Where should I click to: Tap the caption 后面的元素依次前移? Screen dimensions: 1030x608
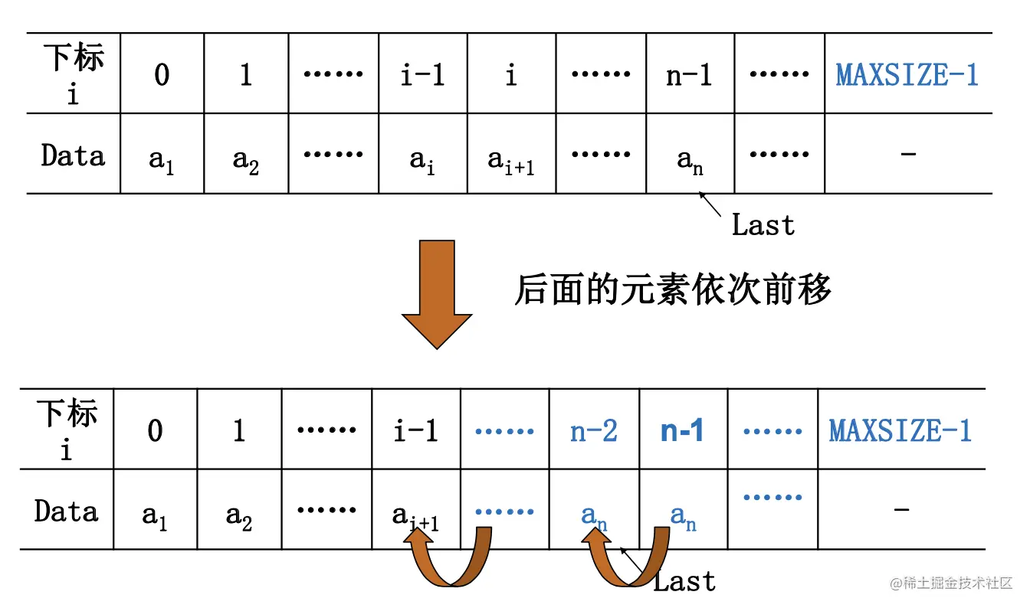point(672,290)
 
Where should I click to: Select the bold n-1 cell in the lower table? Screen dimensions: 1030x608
point(682,431)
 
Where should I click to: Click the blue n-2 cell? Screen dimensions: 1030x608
point(594,431)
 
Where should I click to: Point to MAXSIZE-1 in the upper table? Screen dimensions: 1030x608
point(907,75)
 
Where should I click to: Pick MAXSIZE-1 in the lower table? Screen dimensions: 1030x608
point(900,431)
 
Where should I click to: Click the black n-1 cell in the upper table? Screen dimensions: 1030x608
point(689,75)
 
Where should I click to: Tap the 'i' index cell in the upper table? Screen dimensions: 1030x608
point(511,75)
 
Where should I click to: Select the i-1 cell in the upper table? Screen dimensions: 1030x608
point(422,75)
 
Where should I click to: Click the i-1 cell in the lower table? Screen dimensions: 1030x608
point(415,431)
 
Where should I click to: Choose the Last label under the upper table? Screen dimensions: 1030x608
point(763,225)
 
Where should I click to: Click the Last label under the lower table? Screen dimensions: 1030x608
point(684,581)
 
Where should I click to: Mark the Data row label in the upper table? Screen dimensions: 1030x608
point(73,155)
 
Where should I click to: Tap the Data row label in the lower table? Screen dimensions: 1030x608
point(67,511)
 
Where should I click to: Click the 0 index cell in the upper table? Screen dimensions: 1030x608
point(162,75)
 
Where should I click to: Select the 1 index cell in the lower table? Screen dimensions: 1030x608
point(239,431)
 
